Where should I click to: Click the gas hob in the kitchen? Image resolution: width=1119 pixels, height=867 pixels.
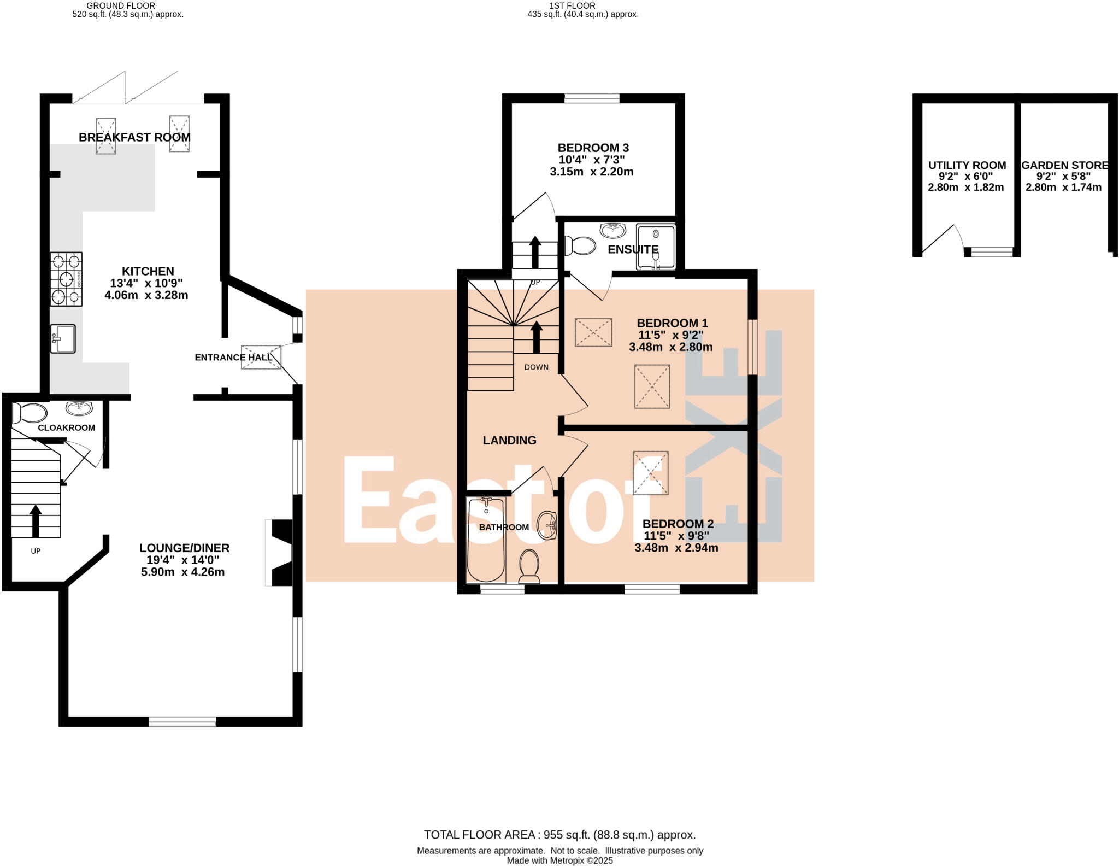click(66, 279)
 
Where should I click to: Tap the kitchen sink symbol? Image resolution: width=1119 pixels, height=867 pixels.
click(63, 339)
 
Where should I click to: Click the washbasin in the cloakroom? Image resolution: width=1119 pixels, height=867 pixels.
click(79, 408)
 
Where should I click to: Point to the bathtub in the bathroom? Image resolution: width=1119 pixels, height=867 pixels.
click(486, 540)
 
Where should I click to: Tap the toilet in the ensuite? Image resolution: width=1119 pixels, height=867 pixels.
click(580, 245)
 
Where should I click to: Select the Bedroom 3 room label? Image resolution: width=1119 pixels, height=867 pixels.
click(593, 148)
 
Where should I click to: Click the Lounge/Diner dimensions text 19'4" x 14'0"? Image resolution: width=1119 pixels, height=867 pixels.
click(182, 560)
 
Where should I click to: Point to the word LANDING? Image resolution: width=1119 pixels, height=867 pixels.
click(509, 440)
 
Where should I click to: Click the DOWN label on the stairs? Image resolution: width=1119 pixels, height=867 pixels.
click(536, 367)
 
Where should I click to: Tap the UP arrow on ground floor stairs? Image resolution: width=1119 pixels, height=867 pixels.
click(36, 520)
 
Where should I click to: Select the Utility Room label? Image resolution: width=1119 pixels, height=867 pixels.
click(967, 165)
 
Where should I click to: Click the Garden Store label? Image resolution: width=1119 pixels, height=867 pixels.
click(1064, 165)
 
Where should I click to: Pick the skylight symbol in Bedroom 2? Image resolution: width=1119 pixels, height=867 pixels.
click(650, 472)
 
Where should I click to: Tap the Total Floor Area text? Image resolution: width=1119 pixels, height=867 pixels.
click(559, 835)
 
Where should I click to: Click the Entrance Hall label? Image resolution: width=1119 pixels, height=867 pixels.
click(232, 358)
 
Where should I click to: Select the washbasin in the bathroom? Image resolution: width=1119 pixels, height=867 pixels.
click(546, 525)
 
